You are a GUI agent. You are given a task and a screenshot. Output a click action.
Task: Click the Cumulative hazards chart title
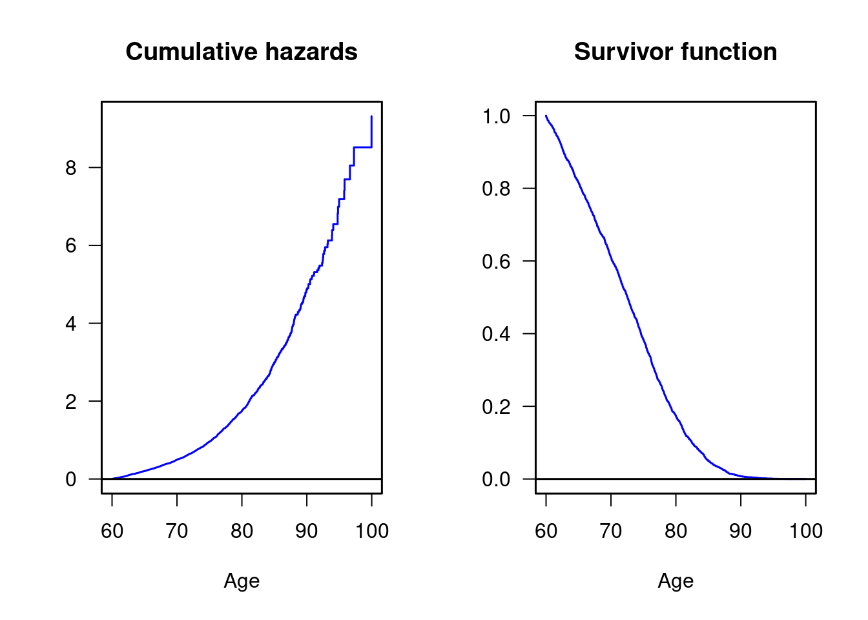pyautogui.click(x=242, y=52)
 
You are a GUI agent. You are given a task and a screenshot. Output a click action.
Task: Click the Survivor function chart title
pyautogui.click(x=676, y=52)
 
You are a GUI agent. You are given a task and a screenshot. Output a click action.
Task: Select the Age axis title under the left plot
pyautogui.click(x=242, y=581)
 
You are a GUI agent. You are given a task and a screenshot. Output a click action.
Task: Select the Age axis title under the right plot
pyautogui.click(x=676, y=581)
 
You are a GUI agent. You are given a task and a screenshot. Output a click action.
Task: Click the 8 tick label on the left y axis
pyautogui.click(x=71, y=168)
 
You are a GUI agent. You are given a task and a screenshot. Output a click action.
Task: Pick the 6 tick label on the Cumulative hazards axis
pyautogui.click(x=71, y=245)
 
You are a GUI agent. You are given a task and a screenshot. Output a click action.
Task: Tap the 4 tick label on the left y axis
pyautogui.click(x=71, y=324)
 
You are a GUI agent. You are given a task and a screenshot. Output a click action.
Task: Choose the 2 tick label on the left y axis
pyautogui.click(x=71, y=402)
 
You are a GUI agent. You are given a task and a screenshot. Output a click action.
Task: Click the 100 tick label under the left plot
pyautogui.click(x=371, y=531)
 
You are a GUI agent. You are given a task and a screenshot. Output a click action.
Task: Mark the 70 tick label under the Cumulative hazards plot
pyautogui.click(x=177, y=531)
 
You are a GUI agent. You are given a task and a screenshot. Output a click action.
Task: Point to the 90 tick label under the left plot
pyautogui.click(x=307, y=531)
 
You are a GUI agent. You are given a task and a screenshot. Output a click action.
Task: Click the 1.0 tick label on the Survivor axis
pyautogui.click(x=496, y=116)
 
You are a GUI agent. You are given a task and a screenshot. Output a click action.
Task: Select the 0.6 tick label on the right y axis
pyautogui.click(x=496, y=262)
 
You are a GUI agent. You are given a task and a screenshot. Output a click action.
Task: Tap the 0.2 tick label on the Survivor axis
pyautogui.click(x=496, y=407)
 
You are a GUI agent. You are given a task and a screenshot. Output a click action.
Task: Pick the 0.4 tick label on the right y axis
pyautogui.click(x=496, y=334)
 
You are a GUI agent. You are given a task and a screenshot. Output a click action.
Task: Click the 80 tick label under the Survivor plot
pyautogui.click(x=676, y=531)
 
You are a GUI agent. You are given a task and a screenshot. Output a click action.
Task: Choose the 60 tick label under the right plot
pyautogui.click(x=546, y=531)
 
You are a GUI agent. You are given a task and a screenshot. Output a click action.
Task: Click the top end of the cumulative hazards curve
pyautogui.click(x=371, y=116)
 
